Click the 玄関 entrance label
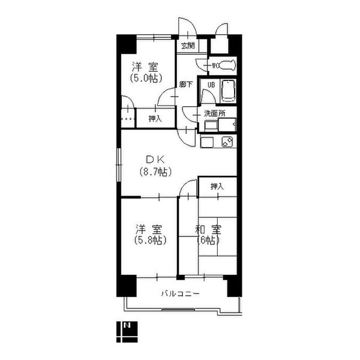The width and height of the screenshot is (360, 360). tap(188, 46)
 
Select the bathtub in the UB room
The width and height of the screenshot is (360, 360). tap(228, 91)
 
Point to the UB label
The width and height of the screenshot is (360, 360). tap(211, 85)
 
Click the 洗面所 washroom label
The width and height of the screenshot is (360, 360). tap(215, 113)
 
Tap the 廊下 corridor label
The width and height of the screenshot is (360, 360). tap(186, 85)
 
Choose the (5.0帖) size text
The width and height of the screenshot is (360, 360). tap(146, 78)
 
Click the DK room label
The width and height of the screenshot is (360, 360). tap(155, 160)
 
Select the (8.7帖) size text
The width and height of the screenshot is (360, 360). tap(155, 172)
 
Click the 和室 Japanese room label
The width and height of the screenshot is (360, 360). tap(208, 229)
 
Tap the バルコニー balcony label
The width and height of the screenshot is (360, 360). tap(180, 293)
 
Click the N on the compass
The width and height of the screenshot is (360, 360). tap(127, 325)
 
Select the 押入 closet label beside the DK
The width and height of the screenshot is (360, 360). tap(217, 187)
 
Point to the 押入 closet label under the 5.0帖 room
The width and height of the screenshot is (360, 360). tap(155, 119)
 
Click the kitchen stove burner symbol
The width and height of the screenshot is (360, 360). tap(227, 142)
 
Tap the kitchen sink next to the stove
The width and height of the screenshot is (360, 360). tap(207, 142)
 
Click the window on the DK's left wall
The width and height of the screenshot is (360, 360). tap(119, 165)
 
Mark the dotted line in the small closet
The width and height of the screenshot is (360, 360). tap(128, 119)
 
